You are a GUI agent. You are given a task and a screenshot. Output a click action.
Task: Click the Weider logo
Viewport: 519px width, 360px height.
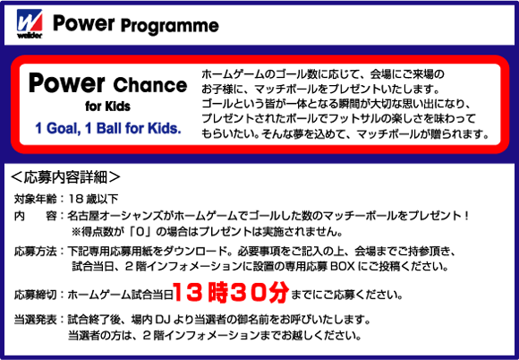coord(30,23)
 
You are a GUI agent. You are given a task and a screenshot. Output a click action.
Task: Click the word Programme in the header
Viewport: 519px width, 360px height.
coord(169,26)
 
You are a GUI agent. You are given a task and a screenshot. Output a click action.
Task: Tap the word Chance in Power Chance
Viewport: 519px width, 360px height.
coord(150,85)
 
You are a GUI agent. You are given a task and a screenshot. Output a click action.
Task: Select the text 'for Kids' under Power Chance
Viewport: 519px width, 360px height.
coord(107,107)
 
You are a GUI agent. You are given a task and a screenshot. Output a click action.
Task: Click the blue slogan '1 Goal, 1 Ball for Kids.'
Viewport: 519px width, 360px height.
coord(108,128)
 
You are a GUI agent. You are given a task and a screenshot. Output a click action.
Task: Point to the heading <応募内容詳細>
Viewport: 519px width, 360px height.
coord(65,177)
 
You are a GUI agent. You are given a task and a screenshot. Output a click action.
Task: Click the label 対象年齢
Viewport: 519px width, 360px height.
coord(36,199)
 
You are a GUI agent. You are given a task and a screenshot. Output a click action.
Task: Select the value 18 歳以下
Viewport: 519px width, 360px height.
coord(93,199)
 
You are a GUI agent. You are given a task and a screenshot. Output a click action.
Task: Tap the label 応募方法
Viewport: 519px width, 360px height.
coord(36,252)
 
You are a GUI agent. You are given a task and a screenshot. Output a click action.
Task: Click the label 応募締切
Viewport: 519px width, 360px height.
coord(36,295)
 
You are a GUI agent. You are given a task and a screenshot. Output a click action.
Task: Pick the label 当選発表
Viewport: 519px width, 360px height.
coord(36,320)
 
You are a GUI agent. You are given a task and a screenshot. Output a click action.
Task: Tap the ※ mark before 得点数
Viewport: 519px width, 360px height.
coord(76,232)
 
